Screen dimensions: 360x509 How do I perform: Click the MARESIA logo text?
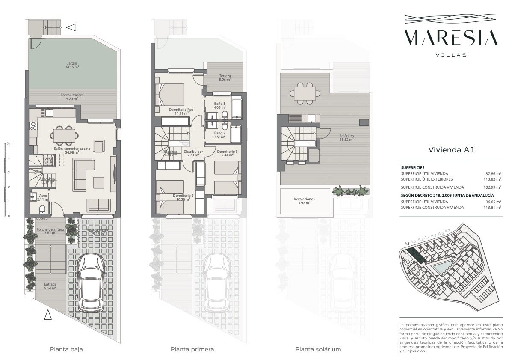tap(451, 37)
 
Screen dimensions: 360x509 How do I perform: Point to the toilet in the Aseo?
tap(42, 209)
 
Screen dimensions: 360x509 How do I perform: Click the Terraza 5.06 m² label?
tap(225, 77)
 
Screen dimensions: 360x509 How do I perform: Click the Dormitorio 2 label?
tap(183, 198)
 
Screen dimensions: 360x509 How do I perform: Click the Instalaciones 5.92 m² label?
tap(304, 201)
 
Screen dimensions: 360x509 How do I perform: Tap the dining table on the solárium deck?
tap(305, 92)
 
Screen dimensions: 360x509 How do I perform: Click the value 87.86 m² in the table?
tap(493, 173)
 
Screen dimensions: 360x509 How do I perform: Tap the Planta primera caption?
tap(192, 349)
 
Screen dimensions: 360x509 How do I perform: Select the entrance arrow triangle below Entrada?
tap(48, 315)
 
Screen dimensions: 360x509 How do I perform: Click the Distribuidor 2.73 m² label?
tap(193, 153)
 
